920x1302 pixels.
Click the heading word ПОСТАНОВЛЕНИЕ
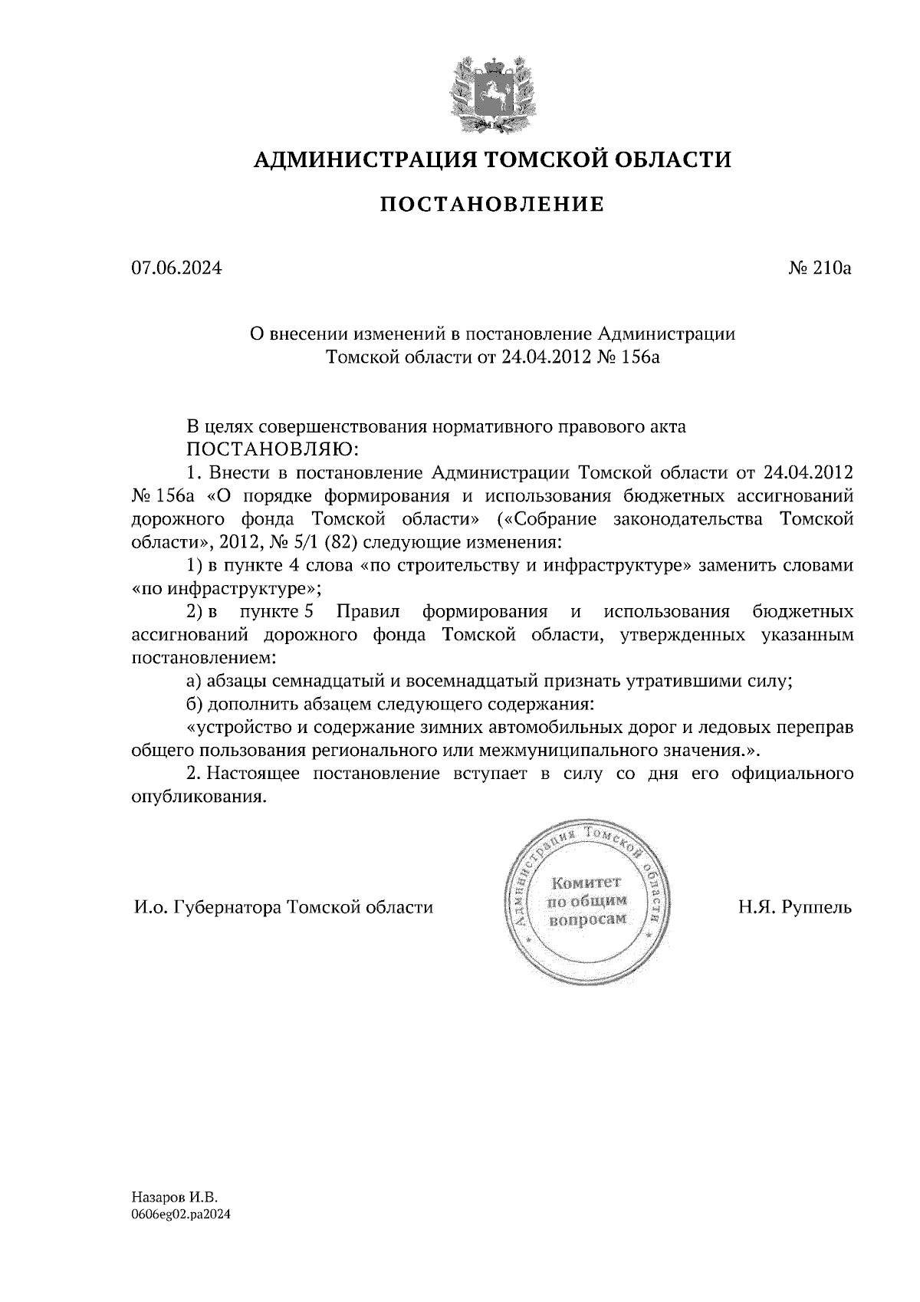pyautogui.click(x=492, y=205)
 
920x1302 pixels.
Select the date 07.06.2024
pyautogui.click(x=176, y=268)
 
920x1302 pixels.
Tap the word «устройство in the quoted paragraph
pyautogui.click(x=243, y=727)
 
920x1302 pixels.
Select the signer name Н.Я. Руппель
pyautogui.click(x=795, y=908)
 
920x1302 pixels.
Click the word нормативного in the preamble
pyautogui.click(x=497, y=427)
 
